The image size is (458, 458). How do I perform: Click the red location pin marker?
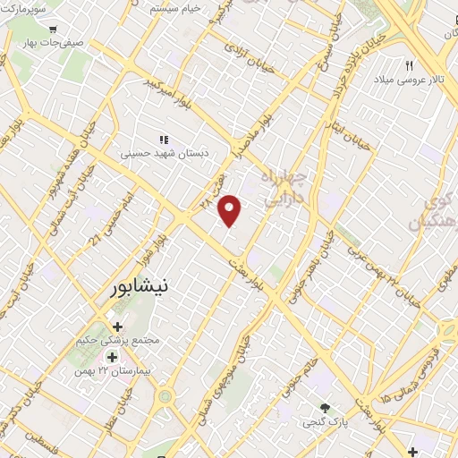point(231,210)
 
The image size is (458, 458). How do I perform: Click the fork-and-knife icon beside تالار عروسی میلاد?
point(410,65)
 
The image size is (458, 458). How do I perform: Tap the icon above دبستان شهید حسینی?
point(163,140)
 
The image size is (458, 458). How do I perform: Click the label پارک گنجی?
point(323,421)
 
